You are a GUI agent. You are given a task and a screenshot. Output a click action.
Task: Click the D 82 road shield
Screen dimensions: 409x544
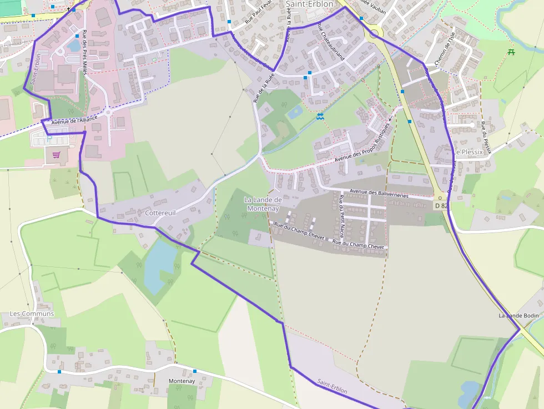(x=441, y=205)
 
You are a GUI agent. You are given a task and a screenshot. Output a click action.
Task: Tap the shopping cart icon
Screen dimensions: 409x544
(x=56, y=155)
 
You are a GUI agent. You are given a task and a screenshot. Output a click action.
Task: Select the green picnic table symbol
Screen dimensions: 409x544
(x=510, y=52)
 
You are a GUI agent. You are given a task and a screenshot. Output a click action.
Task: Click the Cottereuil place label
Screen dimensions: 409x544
(x=160, y=213)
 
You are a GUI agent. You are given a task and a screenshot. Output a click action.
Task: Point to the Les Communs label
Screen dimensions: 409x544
(x=32, y=314)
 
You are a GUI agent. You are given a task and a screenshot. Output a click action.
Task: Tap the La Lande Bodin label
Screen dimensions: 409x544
(x=518, y=316)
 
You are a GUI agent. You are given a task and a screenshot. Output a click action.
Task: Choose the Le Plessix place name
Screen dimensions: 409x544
(x=467, y=152)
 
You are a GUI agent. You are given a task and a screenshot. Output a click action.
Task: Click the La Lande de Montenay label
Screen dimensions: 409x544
(x=263, y=204)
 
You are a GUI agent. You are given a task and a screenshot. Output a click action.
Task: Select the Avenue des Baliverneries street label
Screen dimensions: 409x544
(x=379, y=194)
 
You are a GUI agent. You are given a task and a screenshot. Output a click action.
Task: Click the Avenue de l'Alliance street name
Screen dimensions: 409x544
(x=74, y=119)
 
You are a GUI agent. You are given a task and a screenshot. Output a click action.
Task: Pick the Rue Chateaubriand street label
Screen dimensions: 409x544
(x=331, y=42)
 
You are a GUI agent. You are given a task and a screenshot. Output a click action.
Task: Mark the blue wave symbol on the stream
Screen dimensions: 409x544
(x=320, y=117)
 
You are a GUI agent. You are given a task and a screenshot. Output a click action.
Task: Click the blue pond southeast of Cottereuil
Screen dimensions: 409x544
(x=158, y=261)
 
